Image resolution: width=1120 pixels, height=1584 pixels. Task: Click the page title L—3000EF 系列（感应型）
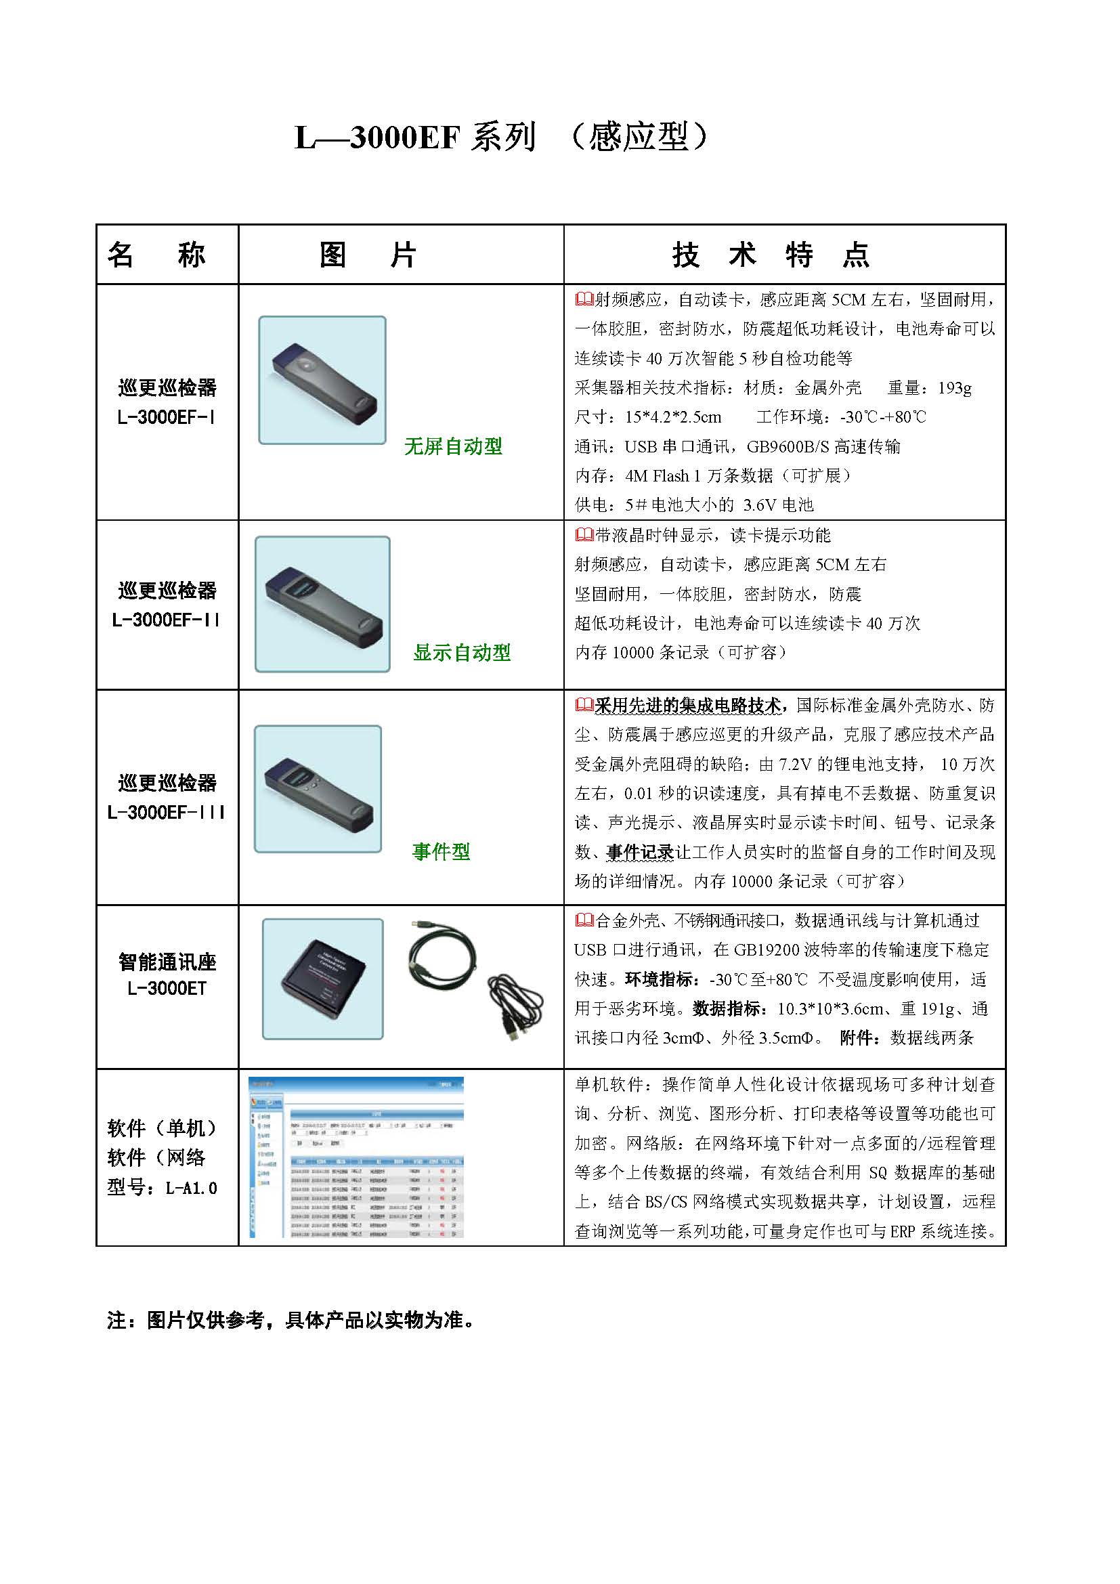click(501, 137)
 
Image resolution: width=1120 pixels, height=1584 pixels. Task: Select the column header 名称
click(156, 255)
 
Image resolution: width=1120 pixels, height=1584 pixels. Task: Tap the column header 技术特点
click(771, 255)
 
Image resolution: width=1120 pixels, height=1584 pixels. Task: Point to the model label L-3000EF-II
click(166, 620)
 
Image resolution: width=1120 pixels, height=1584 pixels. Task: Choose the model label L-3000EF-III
click(166, 813)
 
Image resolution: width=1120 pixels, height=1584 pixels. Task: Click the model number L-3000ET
click(167, 989)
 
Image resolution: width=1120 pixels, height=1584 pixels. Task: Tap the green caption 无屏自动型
click(453, 446)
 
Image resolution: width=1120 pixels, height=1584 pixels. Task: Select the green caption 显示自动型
click(461, 653)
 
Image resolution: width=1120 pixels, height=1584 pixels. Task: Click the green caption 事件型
click(441, 852)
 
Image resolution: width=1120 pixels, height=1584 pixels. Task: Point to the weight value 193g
click(955, 389)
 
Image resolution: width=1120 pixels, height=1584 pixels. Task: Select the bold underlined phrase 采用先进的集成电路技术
click(688, 706)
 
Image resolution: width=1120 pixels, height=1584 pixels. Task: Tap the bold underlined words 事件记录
click(640, 853)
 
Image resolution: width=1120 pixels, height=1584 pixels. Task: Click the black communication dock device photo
click(323, 979)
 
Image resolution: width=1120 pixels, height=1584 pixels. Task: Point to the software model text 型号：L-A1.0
click(162, 1188)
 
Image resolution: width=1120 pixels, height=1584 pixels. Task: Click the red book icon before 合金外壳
click(584, 920)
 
